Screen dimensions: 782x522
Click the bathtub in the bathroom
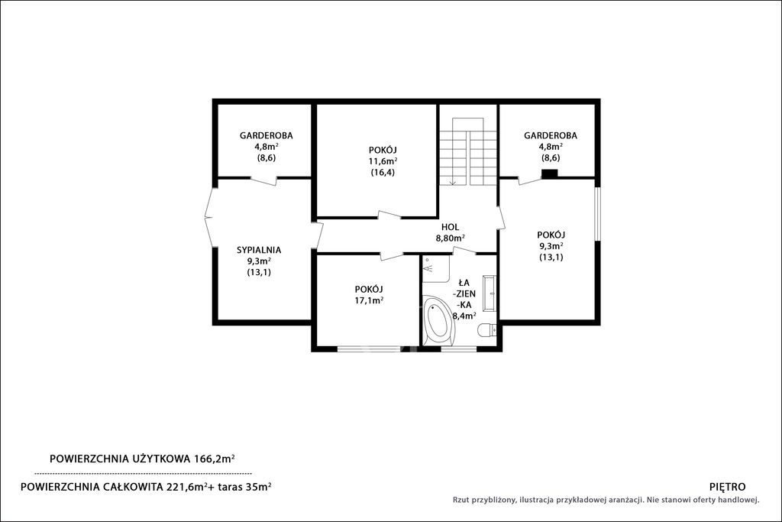[439, 320]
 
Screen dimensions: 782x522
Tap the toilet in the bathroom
[486, 329]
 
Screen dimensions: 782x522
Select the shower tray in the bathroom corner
[436, 269]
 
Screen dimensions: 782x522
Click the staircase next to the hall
[468, 152]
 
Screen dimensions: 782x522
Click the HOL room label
[450, 228]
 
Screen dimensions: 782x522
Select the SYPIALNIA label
[259, 250]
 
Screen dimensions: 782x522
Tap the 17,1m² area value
[369, 300]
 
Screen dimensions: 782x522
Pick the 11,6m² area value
[383, 161]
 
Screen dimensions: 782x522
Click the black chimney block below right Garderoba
[550, 173]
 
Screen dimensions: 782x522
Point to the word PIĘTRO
[727, 487]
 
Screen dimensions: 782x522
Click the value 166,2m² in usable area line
[214, 458]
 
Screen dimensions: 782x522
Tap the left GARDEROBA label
[267, 135]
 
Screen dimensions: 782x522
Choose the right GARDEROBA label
[551, 135]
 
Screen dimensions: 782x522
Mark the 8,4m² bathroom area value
[464, 316]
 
